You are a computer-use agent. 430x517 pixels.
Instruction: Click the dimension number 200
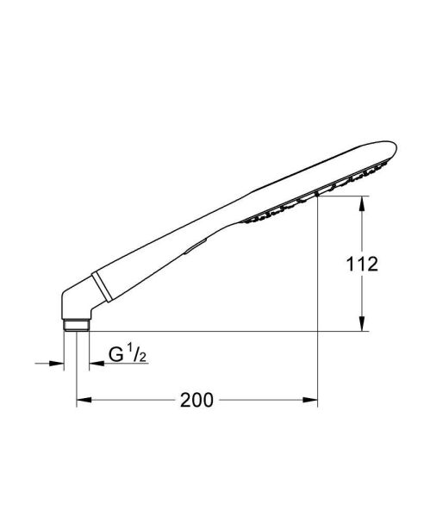click(x=197, y=400)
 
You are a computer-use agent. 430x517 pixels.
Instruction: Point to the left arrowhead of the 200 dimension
click(x=84, y=400)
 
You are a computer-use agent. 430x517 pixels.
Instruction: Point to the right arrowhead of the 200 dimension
click(x=313, y=400)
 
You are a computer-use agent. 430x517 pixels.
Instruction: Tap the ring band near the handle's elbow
click(x=99, y=283)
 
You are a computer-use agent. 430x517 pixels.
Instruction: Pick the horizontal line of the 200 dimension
click(x=259, y=400)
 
